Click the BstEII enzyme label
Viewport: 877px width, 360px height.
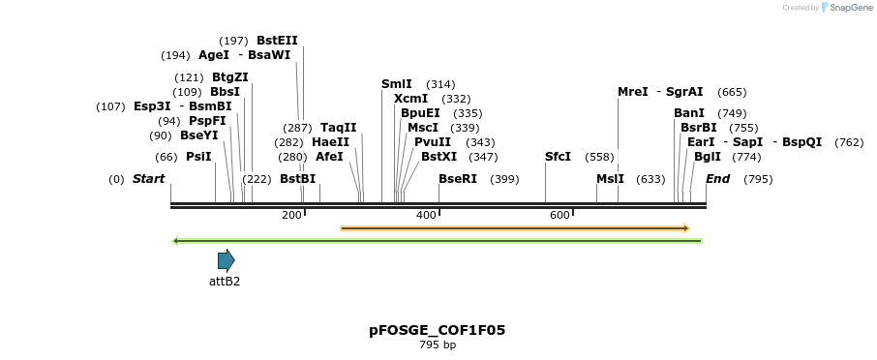point(277,41)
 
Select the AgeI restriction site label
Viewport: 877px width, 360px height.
point(214,55)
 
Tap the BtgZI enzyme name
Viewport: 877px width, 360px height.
point(230,77)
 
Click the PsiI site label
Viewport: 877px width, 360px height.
point(198,157)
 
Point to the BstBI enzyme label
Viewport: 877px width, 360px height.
point(297,179)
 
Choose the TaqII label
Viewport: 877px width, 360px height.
point(339,128)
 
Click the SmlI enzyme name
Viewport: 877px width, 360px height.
point(397,84)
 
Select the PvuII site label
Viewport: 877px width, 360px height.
point(433,142)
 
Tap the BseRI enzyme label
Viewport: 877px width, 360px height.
point(458,179)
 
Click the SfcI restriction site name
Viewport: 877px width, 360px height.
point(558,157)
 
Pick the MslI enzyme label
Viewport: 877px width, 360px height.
point(610,179)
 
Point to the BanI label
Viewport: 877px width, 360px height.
point(689,113)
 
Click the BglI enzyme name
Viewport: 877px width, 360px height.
point(708,157)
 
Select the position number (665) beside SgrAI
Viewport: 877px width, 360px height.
point(732,92)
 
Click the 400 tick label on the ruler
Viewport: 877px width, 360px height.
point(426,215)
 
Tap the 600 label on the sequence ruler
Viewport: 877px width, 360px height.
point(559,215)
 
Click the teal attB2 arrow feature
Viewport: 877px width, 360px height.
point(227,260)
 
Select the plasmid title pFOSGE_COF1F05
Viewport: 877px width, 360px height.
point(437,330)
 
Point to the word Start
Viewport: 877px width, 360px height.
point(148,179)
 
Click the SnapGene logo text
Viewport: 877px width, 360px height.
point(849,8)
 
